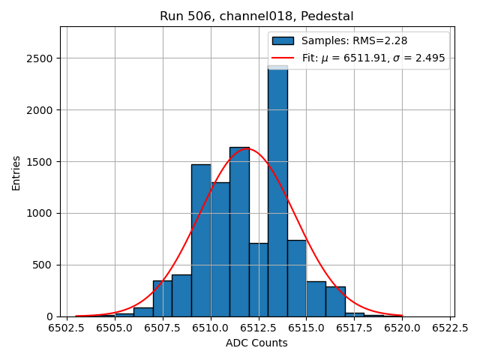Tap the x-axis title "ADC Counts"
[x=256, y=343]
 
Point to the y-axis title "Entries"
[x=16, y=172]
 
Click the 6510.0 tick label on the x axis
[x=211, y=328]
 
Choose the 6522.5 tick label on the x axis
[x=450, y=328]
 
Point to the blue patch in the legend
[x=283, y=40]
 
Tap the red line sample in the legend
[x=283, y=58]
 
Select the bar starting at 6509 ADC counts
[x=201, y=240]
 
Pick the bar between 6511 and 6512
[x=239, y=232]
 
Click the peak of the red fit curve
[x=247, y=148]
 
